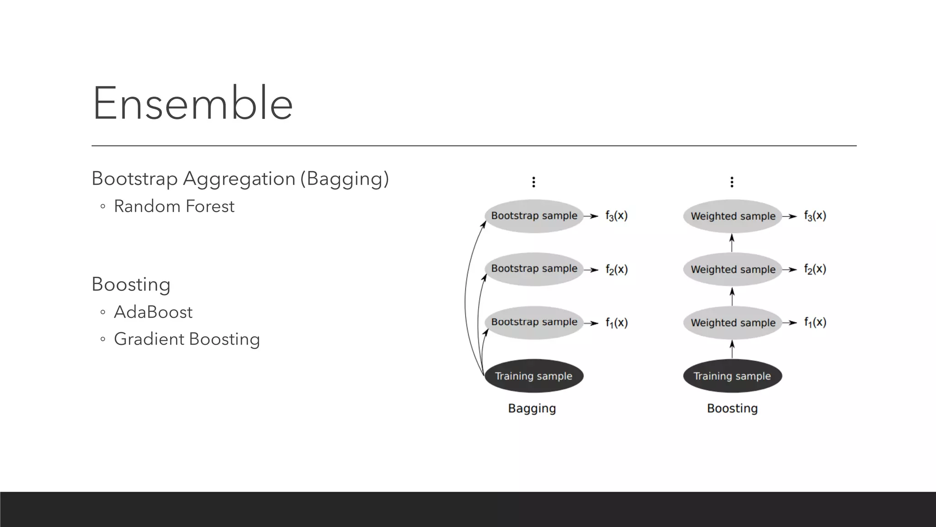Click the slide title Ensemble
[x=192, y=103]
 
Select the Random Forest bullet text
[x=174, y=206]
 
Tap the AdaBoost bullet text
[x=153, y=312]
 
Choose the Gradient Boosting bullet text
[x=186, y=339]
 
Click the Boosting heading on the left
[x=131, y=284]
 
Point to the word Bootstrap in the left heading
[x=134, y=178]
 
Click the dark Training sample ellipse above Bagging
[x=533, y=376]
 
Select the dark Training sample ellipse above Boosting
[x=732, y=376]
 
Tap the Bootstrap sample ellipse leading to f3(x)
[x=534, y=216]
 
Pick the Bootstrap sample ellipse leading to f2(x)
[x=534, y=269]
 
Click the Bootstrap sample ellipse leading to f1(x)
[x=534, y=323]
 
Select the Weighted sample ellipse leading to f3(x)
[x=733, y=216]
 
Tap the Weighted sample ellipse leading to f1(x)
[x=733, y=323]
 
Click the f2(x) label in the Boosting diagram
[x=815, y=269]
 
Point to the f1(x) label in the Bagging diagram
[x=617, y=323]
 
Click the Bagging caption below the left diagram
[x=532, y=408]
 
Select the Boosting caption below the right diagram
[x=732, y=408]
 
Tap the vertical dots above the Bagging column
[x=533, y=182]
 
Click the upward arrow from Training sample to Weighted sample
[x=732, y=350]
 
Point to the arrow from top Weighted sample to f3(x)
[x=790, y=216]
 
